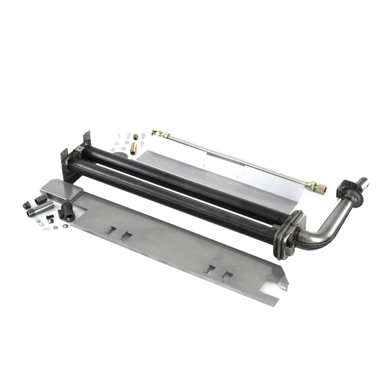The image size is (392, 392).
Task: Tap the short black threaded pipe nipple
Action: pyautogui.click(x=41, y=199)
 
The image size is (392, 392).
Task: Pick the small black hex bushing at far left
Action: pyautogui.click(x=27, y=205)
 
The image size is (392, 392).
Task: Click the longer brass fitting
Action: pyautogui.click(x=133, y=148)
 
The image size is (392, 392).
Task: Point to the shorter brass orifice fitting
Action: pyautogui.click(x=136, y=136)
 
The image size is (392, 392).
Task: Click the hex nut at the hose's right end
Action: pyautogui.click(x=312, y=186)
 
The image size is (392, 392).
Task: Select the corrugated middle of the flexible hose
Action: pyautogui.click(x=235, y=159)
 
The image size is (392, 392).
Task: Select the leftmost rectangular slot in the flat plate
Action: pyautogui.click(x=112, y=231)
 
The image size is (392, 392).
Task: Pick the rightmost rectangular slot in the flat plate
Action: pyautogui.click(x=227, y=274)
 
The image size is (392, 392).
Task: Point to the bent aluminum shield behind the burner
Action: pyautogui.click(x=220, y=169)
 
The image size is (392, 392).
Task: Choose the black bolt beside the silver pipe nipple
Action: pyautogui.click(x=50, y=217)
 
